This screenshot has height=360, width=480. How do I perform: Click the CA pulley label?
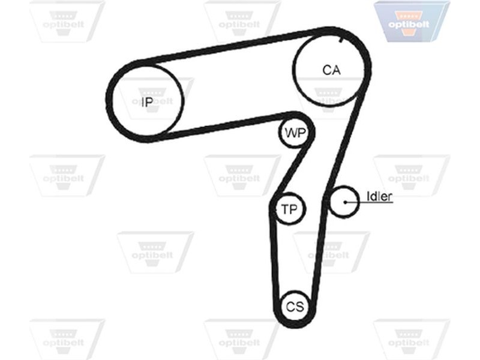(x=331, y=70)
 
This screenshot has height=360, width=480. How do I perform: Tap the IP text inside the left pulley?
(x=147, y=101)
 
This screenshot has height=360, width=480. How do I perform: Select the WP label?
(x=295, y=133)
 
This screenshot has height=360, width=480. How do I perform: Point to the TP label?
(x=289, y=209)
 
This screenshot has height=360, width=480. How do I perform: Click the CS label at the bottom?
(x=295, y=307)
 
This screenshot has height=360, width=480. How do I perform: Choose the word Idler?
(x=379, y=196)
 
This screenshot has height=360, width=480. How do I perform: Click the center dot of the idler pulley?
(x=345, y=202)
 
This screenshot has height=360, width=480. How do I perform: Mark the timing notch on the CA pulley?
(x=341, y=40)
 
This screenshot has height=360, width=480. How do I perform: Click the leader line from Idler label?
(x=369, y=202)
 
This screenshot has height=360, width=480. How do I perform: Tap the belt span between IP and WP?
(x=223, y=126)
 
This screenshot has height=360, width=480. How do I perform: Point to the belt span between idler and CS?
(x=320, y=251)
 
